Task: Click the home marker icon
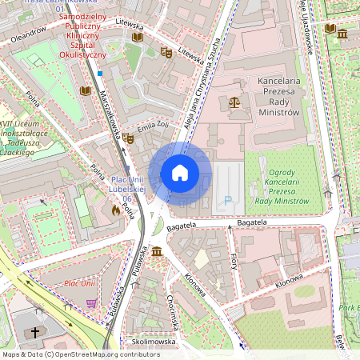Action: pyautogui.click(x=180, y=172)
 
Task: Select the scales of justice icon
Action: pyautogui.click(x=234, y=102)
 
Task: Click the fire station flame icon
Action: pyautogui.click(x=117, y=210)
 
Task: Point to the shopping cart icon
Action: pyautogui.click(x=91, y=303)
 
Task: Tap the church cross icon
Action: pyautogui.click(x=34, y=332)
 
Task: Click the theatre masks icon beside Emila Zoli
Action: pyautogui.click(x=127, y=138)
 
